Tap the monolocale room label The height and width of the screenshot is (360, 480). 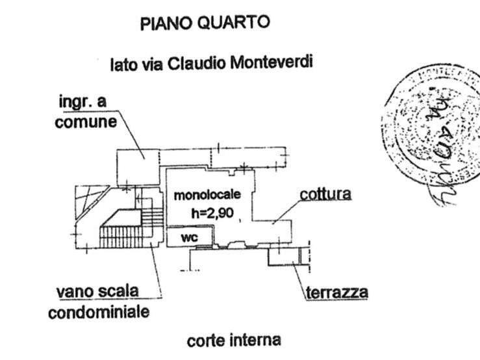(x=207, y=194)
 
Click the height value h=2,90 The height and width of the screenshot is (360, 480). (x=206, y=211)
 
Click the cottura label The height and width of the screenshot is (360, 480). (x=325, y=194)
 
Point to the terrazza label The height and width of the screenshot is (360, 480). (x=336, y=292)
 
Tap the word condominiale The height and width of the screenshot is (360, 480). (x=98, y=312)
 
